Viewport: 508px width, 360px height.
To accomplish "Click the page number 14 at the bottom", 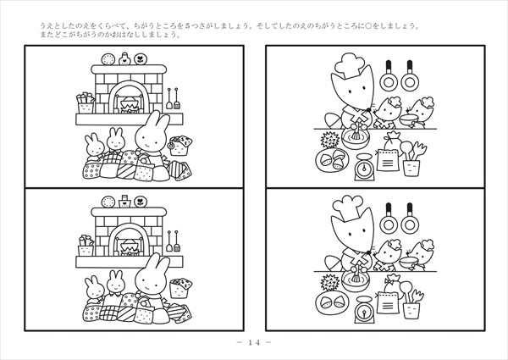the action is (254, 342).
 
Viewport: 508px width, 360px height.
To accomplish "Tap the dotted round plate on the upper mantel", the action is (108, 59).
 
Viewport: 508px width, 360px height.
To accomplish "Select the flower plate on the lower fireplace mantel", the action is (141, 202).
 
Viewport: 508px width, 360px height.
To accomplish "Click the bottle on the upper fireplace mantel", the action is (124, 58).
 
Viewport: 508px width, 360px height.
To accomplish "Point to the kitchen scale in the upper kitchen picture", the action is (364, 167).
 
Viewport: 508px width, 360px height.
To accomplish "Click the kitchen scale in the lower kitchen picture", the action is (364, 310).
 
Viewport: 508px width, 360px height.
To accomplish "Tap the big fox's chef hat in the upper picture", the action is (349, 65).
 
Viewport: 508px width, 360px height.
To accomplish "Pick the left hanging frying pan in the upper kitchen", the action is (389, 76).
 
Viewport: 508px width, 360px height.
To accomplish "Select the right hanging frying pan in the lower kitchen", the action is (410, 219).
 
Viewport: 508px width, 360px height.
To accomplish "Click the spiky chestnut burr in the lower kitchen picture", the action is (330, 283).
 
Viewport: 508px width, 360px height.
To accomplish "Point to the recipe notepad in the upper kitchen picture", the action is (388, 160).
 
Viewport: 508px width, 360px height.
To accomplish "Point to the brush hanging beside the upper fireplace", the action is (177, 98).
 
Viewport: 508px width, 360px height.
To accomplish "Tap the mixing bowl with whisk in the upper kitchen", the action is (356, 138).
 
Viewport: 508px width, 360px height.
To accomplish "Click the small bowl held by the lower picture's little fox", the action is (408, 263).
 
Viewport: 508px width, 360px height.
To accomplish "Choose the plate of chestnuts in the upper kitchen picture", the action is (332, 160).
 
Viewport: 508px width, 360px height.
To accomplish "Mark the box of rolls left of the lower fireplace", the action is (86, 246).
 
